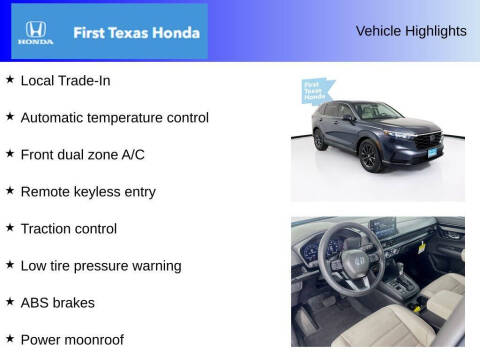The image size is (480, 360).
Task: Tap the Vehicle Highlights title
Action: tap(410, 31)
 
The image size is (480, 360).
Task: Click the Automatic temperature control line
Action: tap(114, 117)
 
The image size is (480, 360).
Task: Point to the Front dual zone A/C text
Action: tap(89, 154)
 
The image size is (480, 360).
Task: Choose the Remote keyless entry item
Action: tap(88, 191)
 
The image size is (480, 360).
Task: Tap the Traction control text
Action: tap(69, 228)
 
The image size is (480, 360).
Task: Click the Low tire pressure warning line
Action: tap(101, 265)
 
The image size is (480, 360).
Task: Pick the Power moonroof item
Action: tap(72, 339)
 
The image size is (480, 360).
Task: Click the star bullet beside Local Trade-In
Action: tap(10, 79)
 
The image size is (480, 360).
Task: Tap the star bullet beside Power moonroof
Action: tap(10, 338)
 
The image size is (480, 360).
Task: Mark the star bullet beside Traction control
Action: tap(10, 227)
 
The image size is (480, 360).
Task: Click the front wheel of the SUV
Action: tap(370, 156)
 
